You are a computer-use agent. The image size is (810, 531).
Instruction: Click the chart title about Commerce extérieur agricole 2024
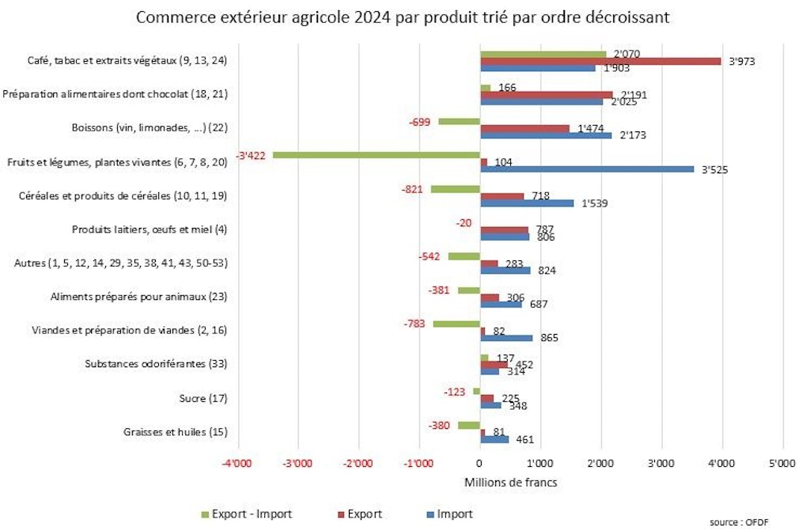pos(403,17)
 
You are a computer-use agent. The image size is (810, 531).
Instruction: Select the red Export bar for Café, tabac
pos(600,61)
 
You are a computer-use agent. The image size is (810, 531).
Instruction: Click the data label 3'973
pos(740,61)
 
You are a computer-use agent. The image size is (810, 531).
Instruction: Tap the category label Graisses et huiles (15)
pos(176,431)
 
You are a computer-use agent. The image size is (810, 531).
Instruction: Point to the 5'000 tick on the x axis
pos(782,464)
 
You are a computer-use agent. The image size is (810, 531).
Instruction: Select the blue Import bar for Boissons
pos(545,135)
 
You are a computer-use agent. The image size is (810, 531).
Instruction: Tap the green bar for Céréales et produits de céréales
pos(455,189)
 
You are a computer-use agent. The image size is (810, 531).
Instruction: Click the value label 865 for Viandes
pos(548,338)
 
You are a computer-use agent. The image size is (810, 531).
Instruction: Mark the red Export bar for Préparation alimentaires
pos(546,94)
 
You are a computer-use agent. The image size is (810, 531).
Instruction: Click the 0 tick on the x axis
pos(479,464)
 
